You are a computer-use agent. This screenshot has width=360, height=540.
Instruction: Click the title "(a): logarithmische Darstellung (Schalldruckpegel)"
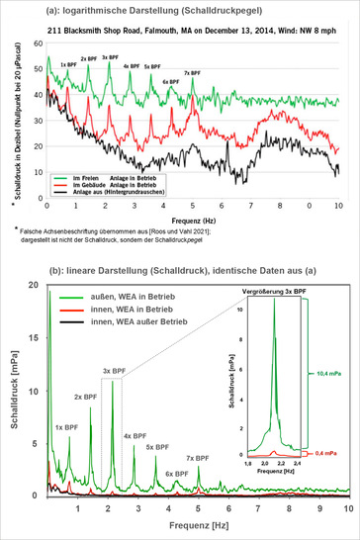coord(179,12)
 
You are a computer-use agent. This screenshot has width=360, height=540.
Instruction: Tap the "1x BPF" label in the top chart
coord(68,65)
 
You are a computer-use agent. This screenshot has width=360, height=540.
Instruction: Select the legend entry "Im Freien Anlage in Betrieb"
coord(99,173)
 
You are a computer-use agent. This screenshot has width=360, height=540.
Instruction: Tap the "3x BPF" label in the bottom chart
coord(113,372)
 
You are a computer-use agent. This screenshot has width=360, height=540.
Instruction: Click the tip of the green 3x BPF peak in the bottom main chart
coord(113,382)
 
